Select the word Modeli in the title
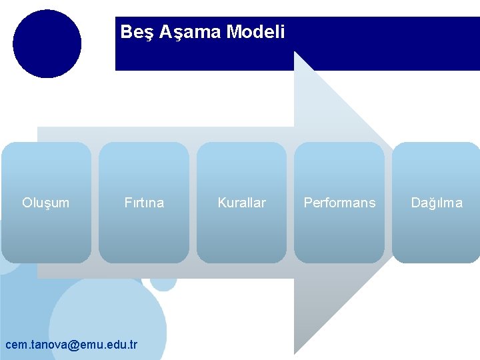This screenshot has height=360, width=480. (256, 32)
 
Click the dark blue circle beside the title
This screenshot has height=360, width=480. (47, 44)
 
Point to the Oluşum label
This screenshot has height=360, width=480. (45, 203)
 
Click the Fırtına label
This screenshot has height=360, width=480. (144, 203)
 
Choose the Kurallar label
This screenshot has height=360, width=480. (241, 203)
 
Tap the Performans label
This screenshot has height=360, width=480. (339, 203)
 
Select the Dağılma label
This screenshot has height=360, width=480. (436, 203)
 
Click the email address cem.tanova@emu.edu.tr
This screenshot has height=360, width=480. (71, 345)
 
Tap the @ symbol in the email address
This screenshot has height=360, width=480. (73, 345)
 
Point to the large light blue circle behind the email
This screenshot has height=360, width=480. (107, 313)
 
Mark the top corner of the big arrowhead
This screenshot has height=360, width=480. (295, 53)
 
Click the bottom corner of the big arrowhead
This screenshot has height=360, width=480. (295, 352)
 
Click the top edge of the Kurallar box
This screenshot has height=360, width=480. (241, 143)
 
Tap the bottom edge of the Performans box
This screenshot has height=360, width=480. (339, 263)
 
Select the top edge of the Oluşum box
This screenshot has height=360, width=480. (46, 143)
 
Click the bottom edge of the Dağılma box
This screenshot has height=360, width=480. (436, 263)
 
